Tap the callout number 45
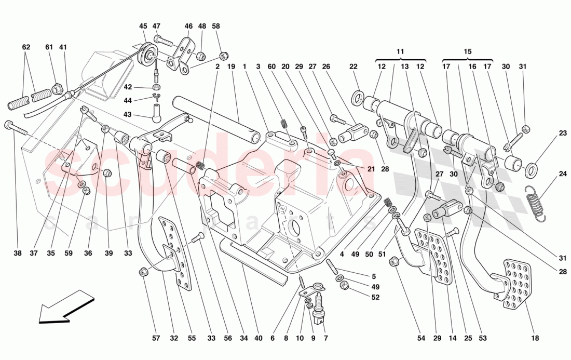pos(143,26)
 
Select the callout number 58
pos(216,26)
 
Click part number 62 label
pos(26,47)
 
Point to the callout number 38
pos(18,254)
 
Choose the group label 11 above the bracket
pos(400,51)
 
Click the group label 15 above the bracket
pos(467,51)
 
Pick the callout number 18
pos(535,338)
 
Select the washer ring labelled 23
pos(532,169)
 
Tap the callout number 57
pos(156,338)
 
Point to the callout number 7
pos(325,338)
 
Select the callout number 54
pos(421,338)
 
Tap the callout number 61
pos(49,47)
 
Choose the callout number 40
pos(259,338)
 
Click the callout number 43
pos(127,115)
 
